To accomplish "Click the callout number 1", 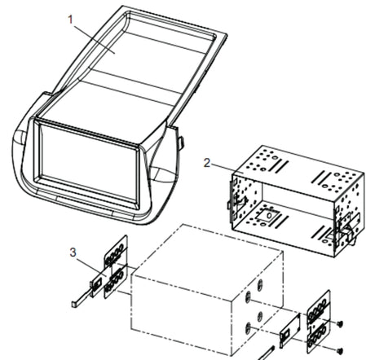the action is (71, 20).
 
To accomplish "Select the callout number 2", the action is (207, 163).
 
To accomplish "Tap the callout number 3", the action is (73, 252).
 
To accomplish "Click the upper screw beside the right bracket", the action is (340, 323).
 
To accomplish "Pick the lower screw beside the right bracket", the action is (339, 350).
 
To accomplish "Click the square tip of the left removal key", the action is (75, 304).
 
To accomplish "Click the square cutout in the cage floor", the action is (268, 216).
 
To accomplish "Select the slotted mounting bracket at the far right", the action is (319, 322).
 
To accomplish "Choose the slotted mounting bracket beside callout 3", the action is (116, 267).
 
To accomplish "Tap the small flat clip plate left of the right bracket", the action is (289, 331).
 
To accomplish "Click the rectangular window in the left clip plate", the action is (97, 285).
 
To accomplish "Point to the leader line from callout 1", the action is (94, 39).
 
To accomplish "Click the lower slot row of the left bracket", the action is (117, 282).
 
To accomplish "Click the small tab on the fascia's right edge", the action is (181, 143).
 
